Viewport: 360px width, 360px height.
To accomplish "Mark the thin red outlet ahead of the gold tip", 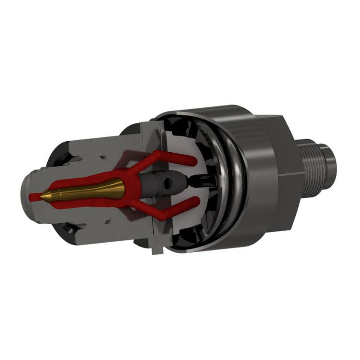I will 34,196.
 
